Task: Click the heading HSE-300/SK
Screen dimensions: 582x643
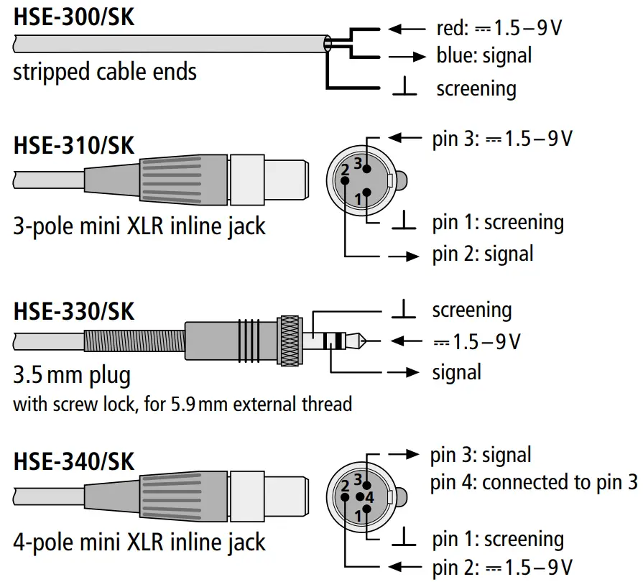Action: coord(73,17)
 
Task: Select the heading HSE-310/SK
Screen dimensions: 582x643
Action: coord(73,145)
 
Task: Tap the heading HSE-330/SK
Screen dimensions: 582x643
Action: coord(73,313)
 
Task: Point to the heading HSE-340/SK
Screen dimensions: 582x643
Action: coord(73,461)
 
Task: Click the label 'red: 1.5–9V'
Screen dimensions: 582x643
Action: coord(499,29)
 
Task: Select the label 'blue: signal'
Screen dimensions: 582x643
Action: coord(484,55)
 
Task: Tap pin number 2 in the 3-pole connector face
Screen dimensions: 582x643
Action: coord(345,170)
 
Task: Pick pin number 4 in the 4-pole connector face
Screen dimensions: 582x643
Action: coord(369,496)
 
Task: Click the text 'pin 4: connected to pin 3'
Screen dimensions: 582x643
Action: coord(534,483)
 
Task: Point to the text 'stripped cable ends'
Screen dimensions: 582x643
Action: coord(105,72)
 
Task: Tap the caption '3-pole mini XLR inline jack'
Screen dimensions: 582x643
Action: coord(139,226)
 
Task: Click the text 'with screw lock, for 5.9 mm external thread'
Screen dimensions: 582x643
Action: coord(182,404)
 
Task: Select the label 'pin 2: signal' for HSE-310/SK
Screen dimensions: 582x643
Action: coord(483,254)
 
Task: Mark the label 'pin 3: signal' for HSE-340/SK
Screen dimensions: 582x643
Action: coord(481,456)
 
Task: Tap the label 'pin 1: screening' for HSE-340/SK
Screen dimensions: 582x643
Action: coord(498,539)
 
